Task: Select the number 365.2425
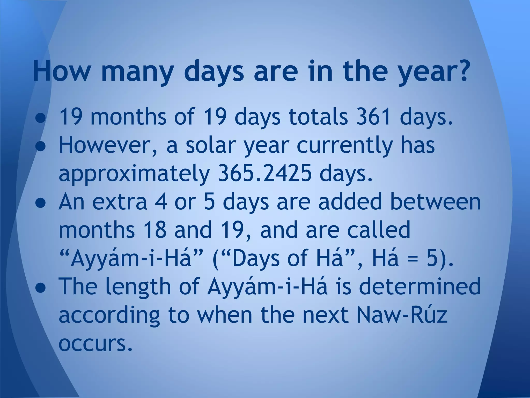(265, 173)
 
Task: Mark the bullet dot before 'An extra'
(41, 202)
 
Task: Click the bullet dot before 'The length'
(41, 287)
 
